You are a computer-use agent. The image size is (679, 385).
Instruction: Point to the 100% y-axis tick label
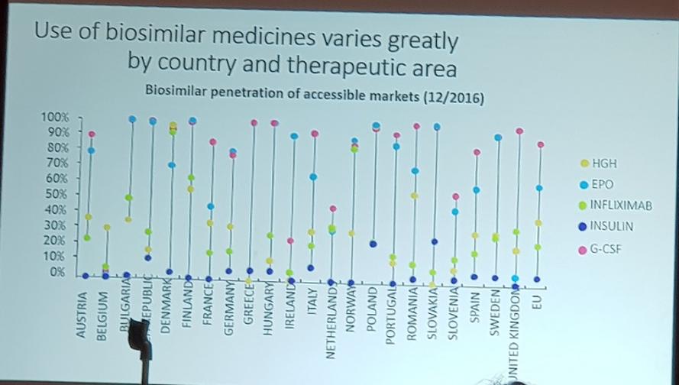pos(54,118)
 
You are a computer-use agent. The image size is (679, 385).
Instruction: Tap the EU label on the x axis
pos(538,302)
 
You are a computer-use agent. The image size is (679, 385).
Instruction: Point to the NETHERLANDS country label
pos(331,328)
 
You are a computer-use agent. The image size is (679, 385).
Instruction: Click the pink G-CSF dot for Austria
pos(92,134)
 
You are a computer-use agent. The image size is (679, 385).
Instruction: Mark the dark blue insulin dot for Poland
pos(373,244)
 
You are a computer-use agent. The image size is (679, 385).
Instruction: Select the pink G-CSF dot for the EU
pos(541,144)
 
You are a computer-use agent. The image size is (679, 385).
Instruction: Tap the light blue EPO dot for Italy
pos(313,177)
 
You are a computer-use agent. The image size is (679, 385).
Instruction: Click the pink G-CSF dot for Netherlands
pos(333,209)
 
